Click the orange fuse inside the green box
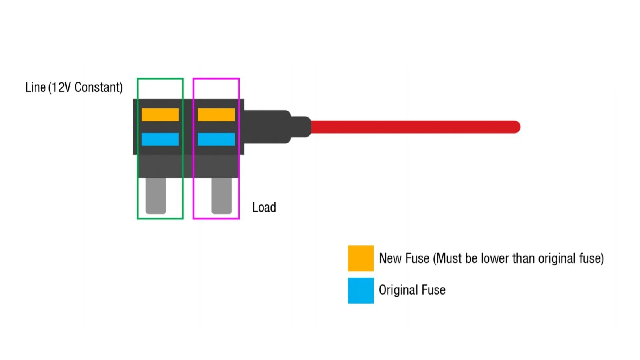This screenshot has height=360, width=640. tap(160, 114)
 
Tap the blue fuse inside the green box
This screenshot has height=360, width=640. tap(160, 139)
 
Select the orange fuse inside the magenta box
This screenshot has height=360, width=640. tap(216, 114)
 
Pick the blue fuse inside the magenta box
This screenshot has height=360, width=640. tap(216, 139)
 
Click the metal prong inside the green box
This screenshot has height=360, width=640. tap(156, 196)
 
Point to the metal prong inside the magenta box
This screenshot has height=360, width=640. tap(222, 196)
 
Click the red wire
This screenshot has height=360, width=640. tap(413, 127)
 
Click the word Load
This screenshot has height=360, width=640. tap(264, 207)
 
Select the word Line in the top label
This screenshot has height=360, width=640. tap(35, 87)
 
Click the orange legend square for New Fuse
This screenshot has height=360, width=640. tap(361, 258)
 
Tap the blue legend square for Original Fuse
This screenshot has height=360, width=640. tap(361, 291)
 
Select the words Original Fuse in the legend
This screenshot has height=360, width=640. tap(412, 290)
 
